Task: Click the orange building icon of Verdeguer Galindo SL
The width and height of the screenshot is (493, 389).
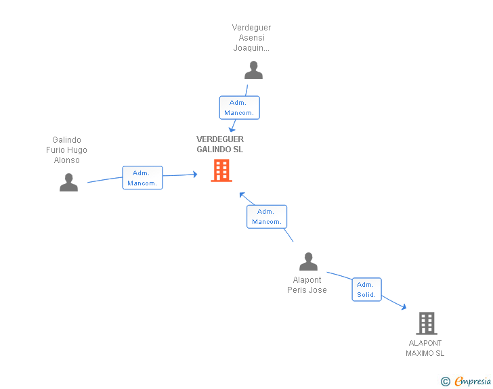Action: pyautogui.click(x=221, y=170)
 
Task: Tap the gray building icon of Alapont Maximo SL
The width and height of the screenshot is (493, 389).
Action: pyautogui.click(x=427, y=323)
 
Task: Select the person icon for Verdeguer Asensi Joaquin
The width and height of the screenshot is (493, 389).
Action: pyautogui.click(x=253, y=70)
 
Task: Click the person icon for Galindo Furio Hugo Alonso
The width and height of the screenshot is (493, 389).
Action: pyautogui.click(x=68, y=182)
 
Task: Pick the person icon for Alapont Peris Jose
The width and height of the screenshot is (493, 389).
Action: pyautogui.click(x=308, y=261)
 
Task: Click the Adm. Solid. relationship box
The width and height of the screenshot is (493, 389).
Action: pyautogui.click(x=366, y=290)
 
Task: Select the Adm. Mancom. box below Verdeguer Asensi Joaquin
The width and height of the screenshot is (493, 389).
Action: pyautogui.click(x=239, y=108)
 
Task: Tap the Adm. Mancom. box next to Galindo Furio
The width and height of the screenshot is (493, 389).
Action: pyautogui.click(x=142, y=177)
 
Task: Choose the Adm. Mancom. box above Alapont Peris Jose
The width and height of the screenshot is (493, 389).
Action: pyautogui.click(x=267, y=216)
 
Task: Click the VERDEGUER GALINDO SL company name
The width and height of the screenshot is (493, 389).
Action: pyautogui.click(x=220, y=144)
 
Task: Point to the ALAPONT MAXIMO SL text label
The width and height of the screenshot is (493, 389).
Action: pyautogui.click(x=425, y=348)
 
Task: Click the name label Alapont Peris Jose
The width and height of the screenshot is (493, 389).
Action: pyautogui.click(x=307, y=285)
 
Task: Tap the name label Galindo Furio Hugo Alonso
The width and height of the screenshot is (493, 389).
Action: pyautogui.click(x=66, y=150)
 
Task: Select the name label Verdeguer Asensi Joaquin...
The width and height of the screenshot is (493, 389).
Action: pyautogui.click(x=251, y=38)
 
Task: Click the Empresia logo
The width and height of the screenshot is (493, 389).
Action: pyautogui.click(x=473, y=381)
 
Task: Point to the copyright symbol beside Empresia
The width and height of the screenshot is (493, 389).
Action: pyautogui.click(x=445, y=382)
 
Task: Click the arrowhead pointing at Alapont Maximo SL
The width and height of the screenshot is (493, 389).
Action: pyautogui.click(x=404, y=306)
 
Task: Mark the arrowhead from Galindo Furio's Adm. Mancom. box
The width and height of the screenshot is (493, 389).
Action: pyautogui.click(x=195, y=174)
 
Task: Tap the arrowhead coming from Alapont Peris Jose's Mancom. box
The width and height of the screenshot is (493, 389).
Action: pyautogui.click(x=242, y=195)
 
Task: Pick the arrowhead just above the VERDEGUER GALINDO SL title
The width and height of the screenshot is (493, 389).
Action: pyautogui.click(x=232, y=129)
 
